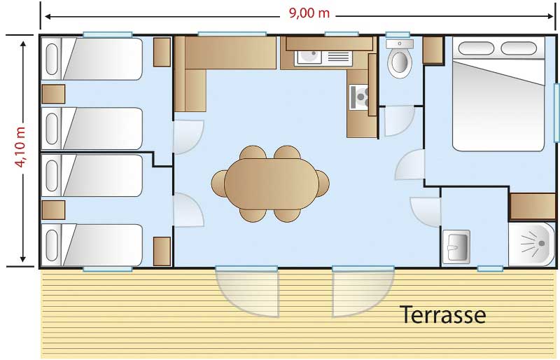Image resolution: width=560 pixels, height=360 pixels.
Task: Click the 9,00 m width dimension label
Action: click(x=309, y=13)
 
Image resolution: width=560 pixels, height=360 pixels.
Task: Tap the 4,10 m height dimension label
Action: click(x=21, y=146)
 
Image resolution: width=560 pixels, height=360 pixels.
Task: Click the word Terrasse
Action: click(x=443, y=315)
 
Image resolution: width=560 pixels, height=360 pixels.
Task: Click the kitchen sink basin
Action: click(x=308, y=57)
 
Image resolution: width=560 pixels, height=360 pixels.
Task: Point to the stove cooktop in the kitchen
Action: click(x=358, y=97)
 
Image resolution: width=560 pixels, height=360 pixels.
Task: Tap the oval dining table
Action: click(x=272, y=184)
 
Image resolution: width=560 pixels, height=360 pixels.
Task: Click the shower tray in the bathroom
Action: click(x=532, y=244)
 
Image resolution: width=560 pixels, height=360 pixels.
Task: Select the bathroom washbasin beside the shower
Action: click(x=456, y=247)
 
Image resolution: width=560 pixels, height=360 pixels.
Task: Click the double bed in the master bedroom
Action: click(x=498, y=94)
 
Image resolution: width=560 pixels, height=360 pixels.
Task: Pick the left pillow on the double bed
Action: click(x=476, y=48)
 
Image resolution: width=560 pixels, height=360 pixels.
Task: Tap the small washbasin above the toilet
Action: click(x=400, y=44)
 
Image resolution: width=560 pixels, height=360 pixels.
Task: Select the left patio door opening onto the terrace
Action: click(x=247, y=291)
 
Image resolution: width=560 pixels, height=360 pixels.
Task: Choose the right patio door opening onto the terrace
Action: click(x=363, y=291)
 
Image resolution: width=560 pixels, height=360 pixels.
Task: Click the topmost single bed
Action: click(x=92, y=59)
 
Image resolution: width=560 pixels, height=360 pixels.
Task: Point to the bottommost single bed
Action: click(x=92, y=245)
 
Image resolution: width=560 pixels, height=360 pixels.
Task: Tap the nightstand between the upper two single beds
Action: click(x=54, y=94)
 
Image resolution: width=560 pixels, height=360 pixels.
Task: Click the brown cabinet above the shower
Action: click(x=533, y=207)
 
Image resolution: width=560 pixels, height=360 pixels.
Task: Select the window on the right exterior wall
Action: click(x=556, y=113)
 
